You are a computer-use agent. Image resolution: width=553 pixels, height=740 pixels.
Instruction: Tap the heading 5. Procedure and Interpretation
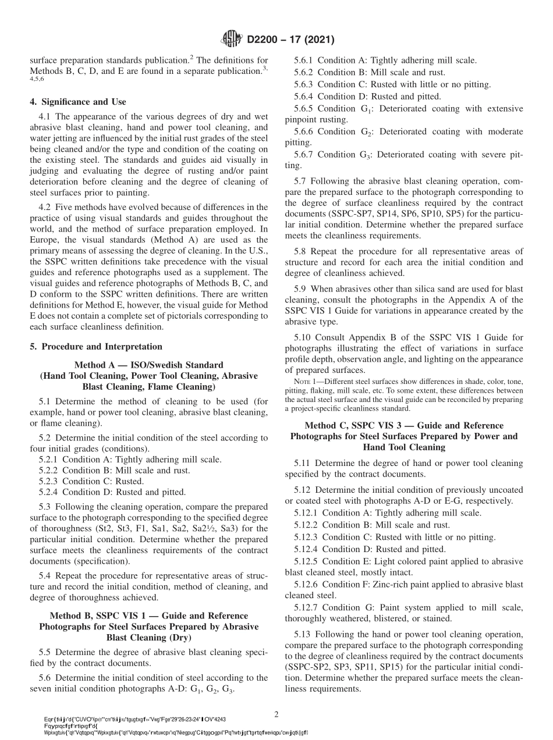coord(96,347)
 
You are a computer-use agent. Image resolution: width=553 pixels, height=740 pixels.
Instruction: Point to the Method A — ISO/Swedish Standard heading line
coord(148,365)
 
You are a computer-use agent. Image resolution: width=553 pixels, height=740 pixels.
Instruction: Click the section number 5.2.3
coord(48,481)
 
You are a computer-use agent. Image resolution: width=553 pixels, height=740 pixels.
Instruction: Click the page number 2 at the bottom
coord(276,713)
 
